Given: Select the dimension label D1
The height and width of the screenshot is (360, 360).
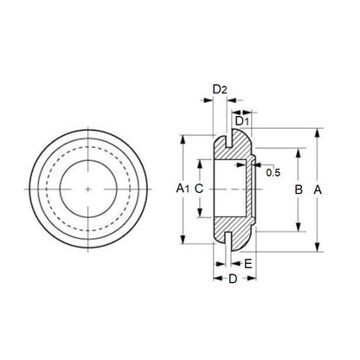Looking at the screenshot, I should pyautogui.click(x=243, y=120).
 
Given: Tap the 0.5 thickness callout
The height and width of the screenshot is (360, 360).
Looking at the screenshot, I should pyautogui.click(x=273, y=173).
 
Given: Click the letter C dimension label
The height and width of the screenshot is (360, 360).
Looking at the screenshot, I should pyautogui.click(x=199, y=188).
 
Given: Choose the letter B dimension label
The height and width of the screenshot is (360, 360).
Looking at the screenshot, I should pyautogui.click(x=298, y=188).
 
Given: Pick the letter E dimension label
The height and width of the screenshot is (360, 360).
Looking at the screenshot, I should pyautogui.click(x=248, y=264).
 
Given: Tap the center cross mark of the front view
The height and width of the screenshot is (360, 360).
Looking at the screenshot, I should pyautogui.click(x=90, y=188).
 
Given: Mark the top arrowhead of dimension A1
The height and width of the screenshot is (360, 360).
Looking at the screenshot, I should pyautogui.click(x=183, y=138).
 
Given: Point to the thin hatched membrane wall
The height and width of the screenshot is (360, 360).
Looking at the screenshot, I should pyautogui.click(x=252, y=188).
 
